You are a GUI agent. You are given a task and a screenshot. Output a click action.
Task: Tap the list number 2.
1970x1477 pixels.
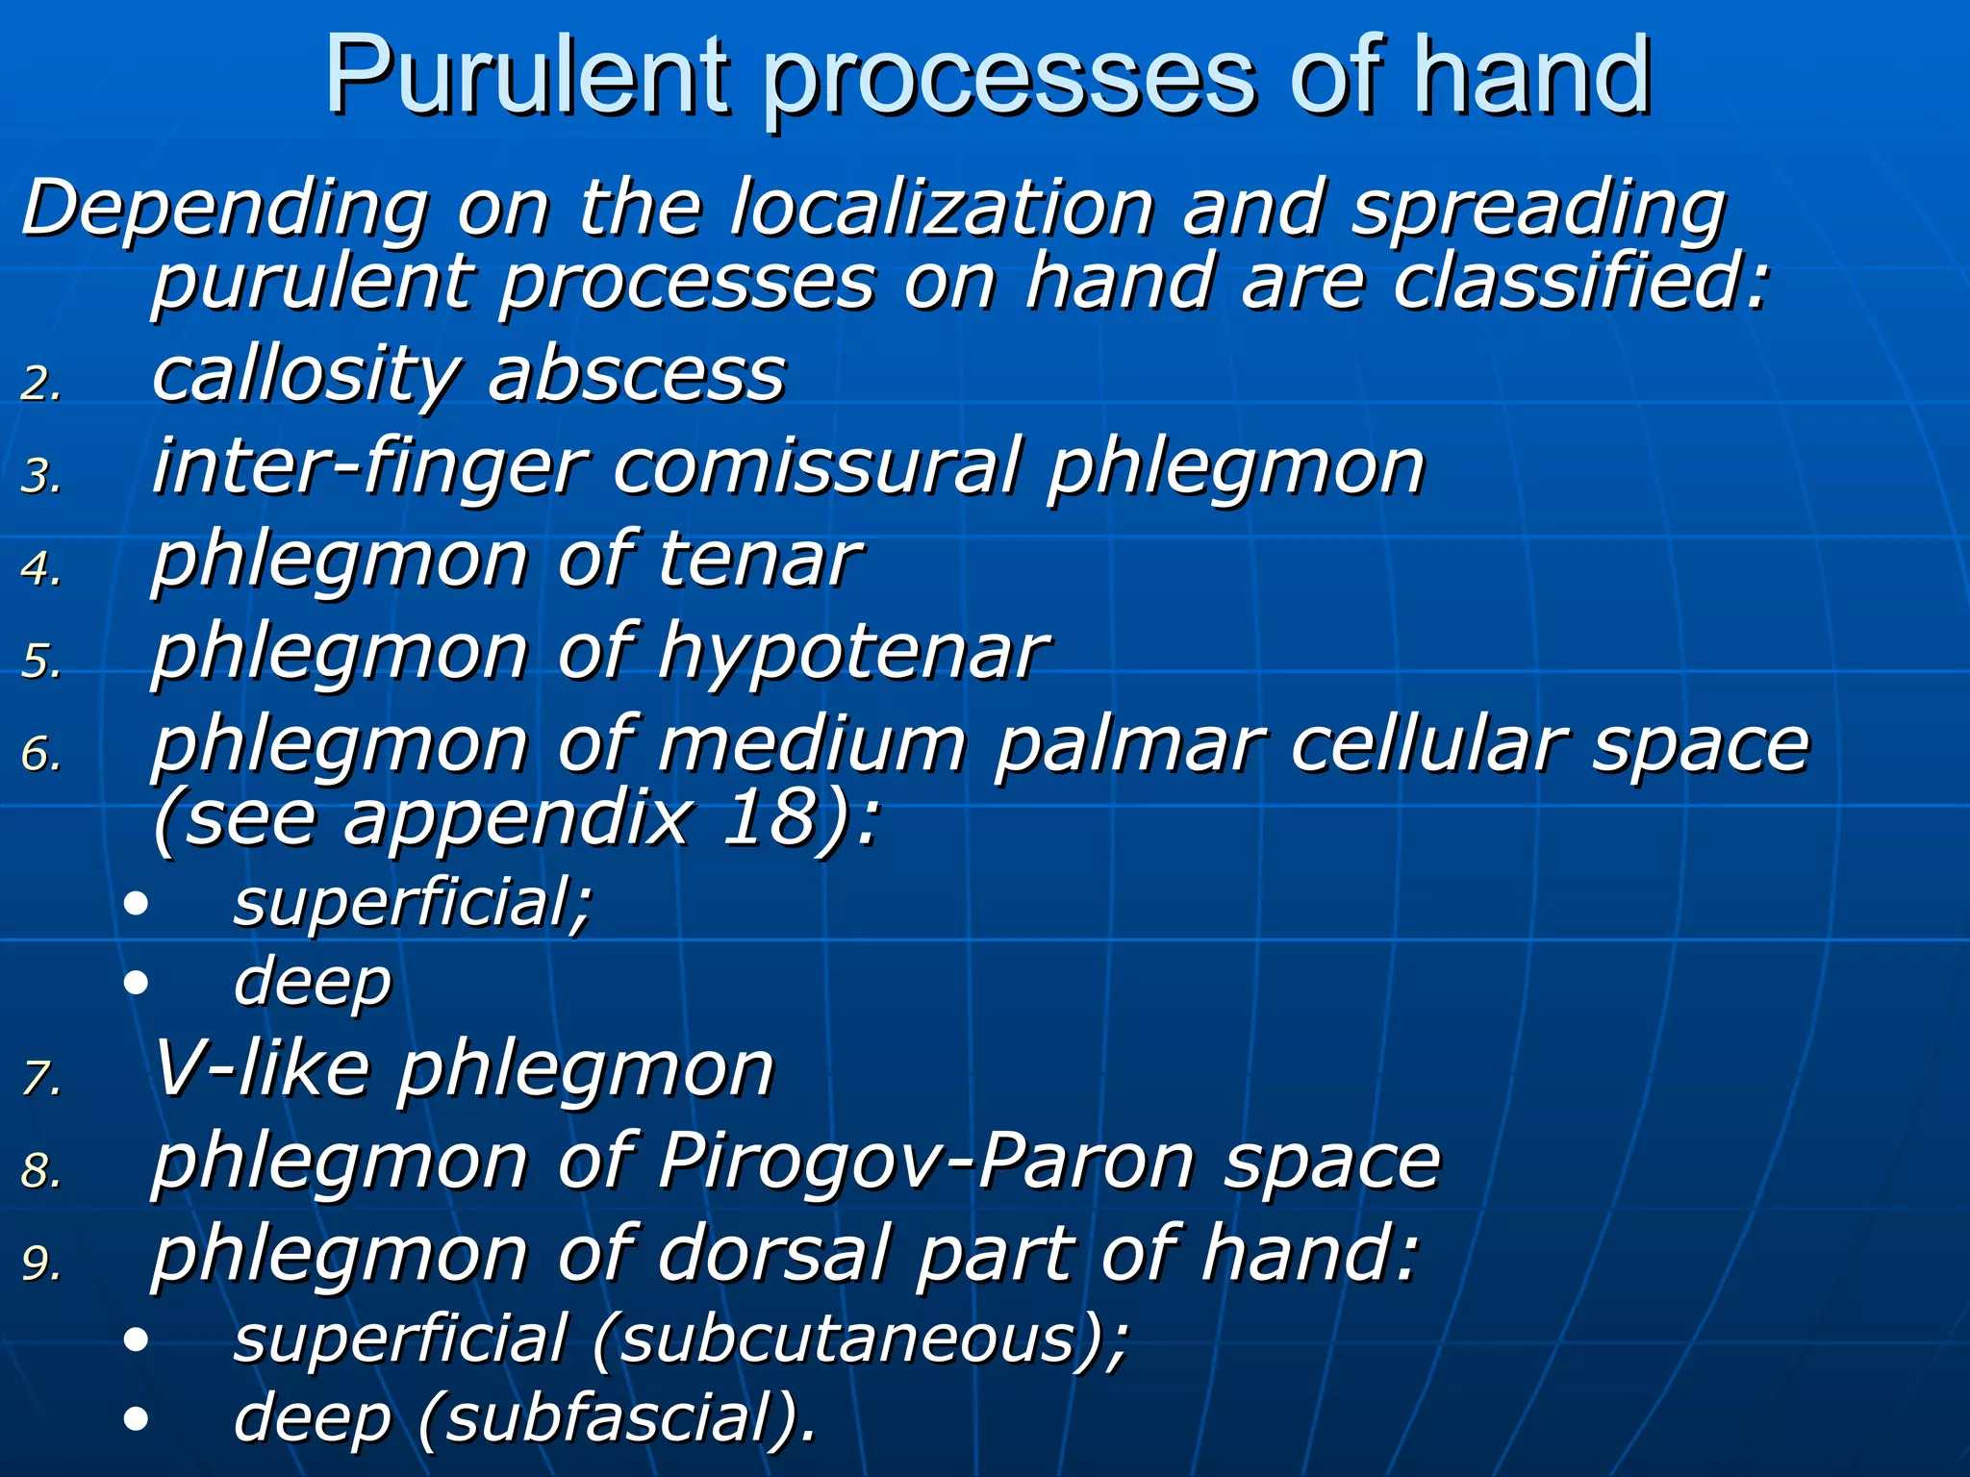point(40,385)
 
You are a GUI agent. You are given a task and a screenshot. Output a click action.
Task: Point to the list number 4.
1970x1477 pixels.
point(40,569)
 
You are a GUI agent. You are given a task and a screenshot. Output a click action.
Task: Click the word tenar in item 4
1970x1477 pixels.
point(758,560)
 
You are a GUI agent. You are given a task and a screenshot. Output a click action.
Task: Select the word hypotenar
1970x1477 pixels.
point(852,652)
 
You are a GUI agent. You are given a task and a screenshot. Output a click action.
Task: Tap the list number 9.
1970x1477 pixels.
point(40,1264)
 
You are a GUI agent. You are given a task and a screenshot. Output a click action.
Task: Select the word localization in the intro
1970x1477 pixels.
point(940,208)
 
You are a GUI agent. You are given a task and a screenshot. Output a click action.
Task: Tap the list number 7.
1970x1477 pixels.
point(40,1079)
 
